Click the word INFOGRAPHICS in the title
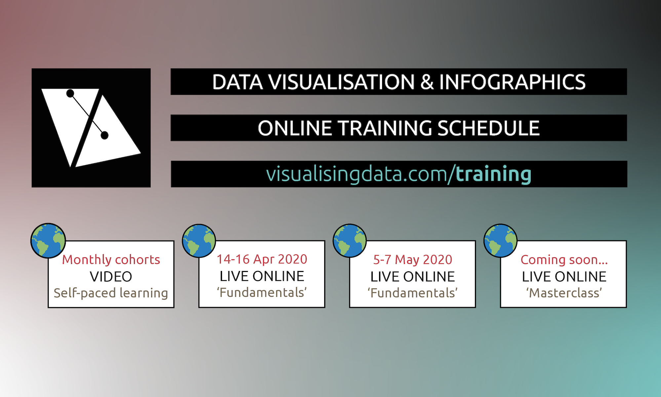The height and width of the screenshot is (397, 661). [x=512, y=82]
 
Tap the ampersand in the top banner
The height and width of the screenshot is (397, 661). [x=427, y=82]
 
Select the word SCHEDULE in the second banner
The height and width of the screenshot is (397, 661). [x=488, y=128]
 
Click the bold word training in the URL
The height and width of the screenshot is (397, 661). [x=493, y=174]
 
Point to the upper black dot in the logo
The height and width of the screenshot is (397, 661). [x=70, y=94]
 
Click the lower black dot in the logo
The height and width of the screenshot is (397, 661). [x=104, y=135]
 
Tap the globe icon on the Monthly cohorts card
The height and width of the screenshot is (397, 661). [x=48, y=241]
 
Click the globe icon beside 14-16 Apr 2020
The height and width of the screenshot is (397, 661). [x=199, y=241]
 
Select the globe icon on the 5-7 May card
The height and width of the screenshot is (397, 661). [x=350, y=241]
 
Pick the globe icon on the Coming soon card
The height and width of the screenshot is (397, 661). [x=500, y=241]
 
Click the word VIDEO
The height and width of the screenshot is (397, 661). [x=111, y=277]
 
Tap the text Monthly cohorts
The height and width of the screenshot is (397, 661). [x=111, y=260]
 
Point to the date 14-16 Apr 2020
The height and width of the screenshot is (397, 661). [x=262, y=259]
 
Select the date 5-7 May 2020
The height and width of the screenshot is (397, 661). [x=412, y=260]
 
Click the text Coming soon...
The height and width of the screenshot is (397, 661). [x=564, y=260]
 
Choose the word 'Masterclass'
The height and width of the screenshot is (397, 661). [x=564, y=293]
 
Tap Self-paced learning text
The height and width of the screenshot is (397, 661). [x=111, y=293]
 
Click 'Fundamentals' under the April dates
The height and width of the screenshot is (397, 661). [x=262, y=293]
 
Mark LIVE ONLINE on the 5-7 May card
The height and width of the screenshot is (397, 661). [x=412, y=277]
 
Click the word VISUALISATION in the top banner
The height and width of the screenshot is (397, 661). [x=341, y=82]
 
